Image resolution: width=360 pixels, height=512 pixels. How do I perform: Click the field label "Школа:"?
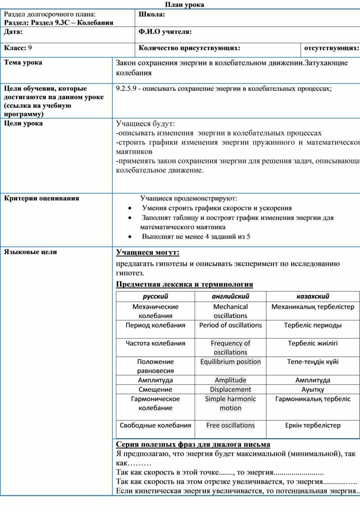point(152,15)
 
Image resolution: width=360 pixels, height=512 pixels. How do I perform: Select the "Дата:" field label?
point(13,31)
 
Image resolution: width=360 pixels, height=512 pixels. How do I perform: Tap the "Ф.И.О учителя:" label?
point(165,31)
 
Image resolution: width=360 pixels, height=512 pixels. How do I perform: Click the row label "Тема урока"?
point(23,63)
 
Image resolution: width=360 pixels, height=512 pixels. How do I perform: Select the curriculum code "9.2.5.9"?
point(125,89)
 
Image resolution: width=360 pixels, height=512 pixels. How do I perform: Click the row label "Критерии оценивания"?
point(41,198)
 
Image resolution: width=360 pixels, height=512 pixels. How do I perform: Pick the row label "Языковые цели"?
point(30,252)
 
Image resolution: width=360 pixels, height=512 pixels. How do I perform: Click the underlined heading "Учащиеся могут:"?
point(147,252)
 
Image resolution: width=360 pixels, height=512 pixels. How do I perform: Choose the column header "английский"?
point(230,297)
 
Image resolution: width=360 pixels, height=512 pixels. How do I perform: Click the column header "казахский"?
point(313,297)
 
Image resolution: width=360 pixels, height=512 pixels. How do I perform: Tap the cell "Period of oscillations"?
point(230,325)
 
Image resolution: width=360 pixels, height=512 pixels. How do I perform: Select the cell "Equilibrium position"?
point(230,362)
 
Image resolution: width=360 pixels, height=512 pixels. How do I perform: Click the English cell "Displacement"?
point(230,390)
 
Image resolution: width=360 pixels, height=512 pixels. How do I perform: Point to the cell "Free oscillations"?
point(230,425)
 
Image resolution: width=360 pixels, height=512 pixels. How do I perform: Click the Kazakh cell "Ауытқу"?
point(313,390)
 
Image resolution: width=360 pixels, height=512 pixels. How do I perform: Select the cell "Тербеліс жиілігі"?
point(313,343)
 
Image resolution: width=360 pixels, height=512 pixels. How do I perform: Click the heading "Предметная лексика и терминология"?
point(184,284)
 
